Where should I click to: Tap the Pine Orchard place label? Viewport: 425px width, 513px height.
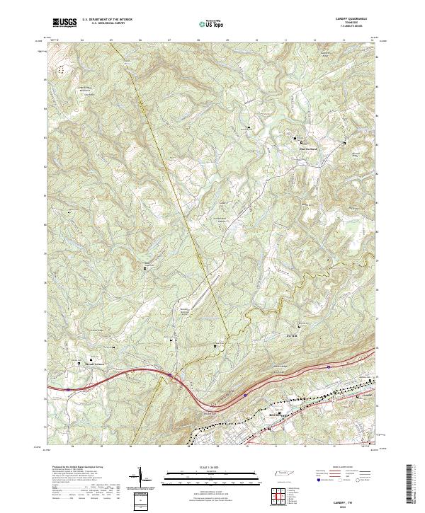click(x=305, y=148)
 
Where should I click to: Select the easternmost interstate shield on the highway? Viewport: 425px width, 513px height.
click(x=329, y=367)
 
